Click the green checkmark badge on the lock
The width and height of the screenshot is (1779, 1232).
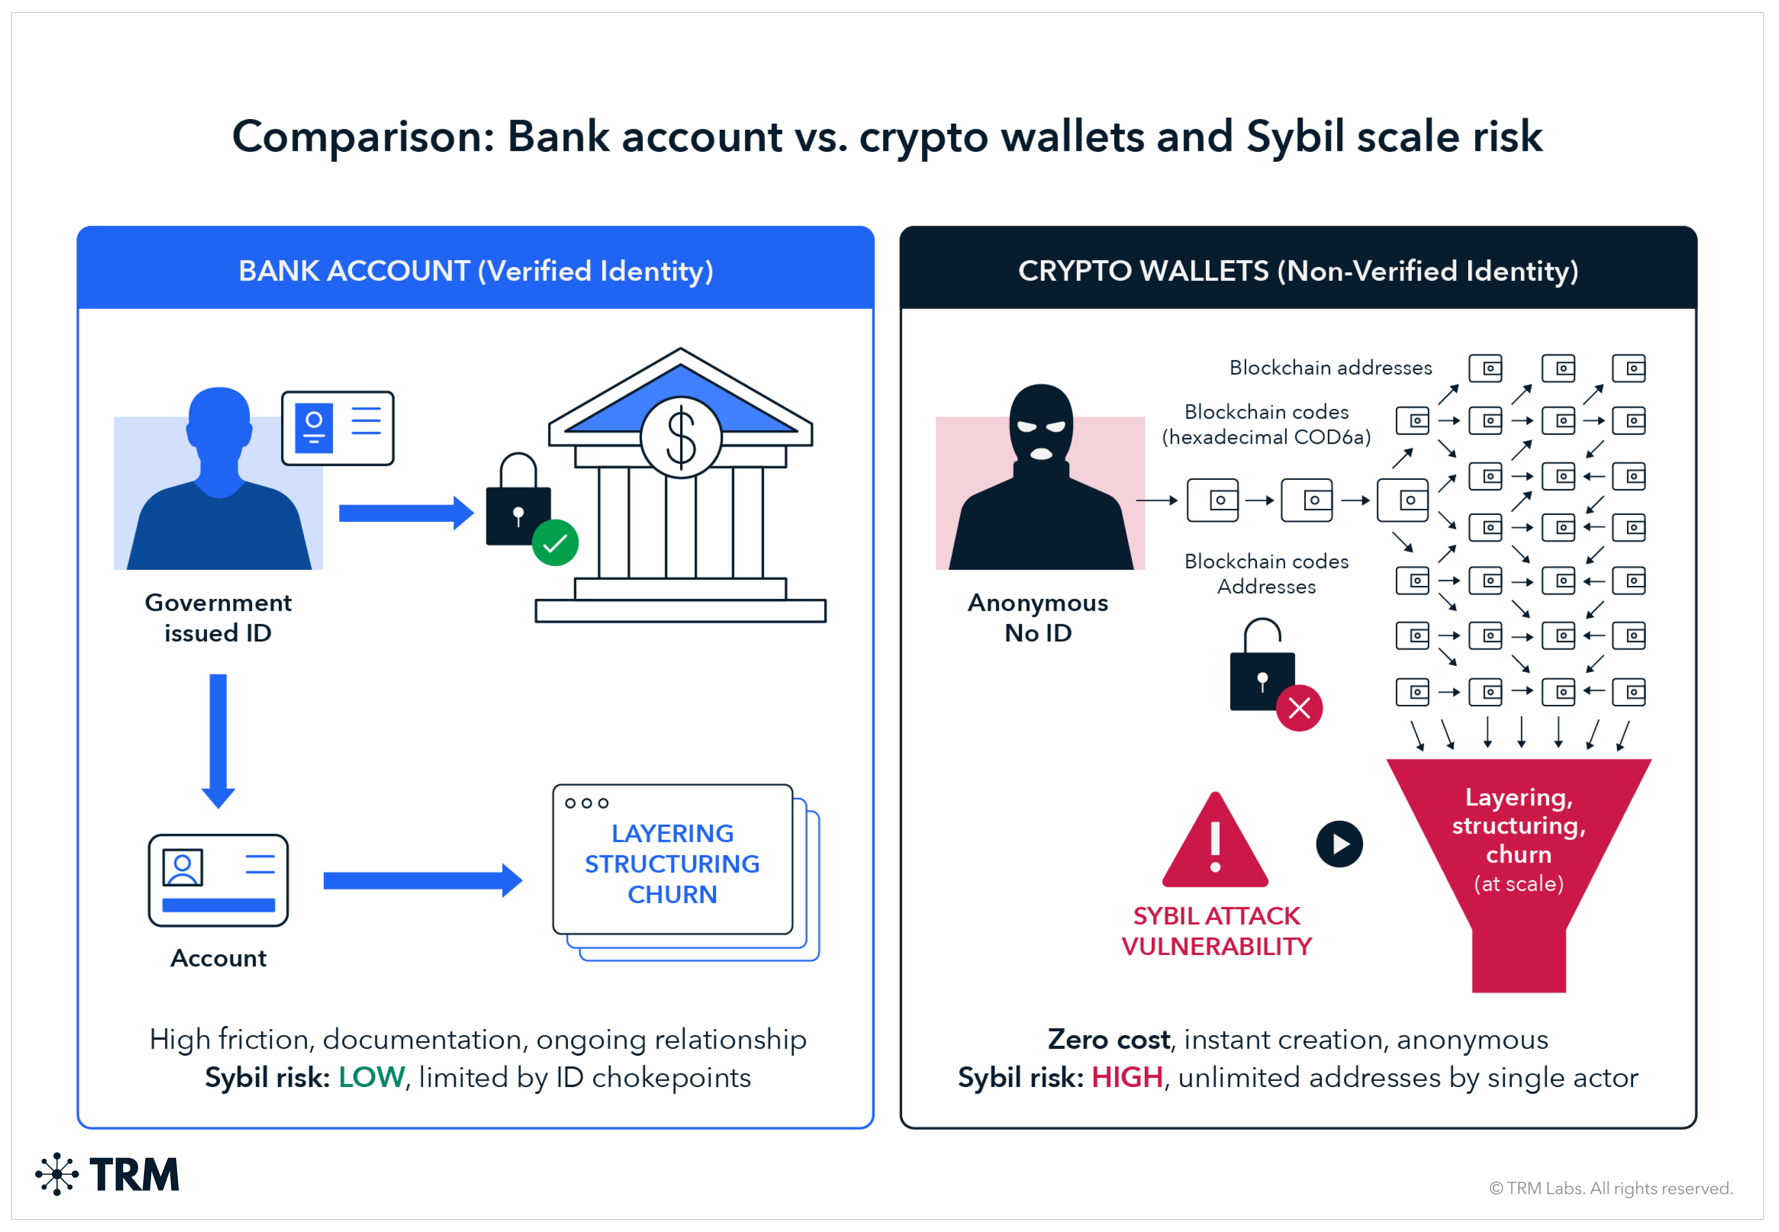tap(555, 543)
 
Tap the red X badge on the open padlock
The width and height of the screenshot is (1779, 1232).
tap(1300, 708)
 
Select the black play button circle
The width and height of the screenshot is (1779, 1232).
tap(1340, 844)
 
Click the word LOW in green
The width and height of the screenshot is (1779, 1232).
tap(372, 1078)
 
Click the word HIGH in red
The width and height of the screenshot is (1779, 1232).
tap(1127, 1078)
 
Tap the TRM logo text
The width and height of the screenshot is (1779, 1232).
tap(134, 1175)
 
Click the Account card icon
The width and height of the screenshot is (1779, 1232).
tap(219, 880)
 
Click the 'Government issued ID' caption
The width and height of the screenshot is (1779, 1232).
tap(219, 617)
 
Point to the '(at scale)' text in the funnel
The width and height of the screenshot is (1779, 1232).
tap(1519, 884)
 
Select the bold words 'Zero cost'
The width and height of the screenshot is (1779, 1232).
tap(1109, 1040)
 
